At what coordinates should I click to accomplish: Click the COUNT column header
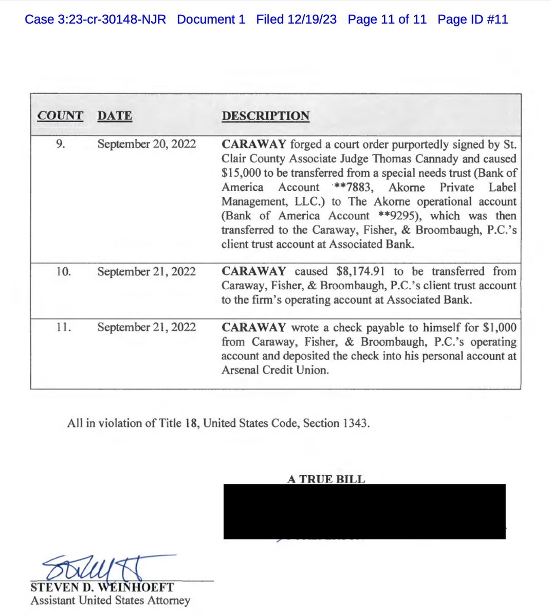pyautogui.click(x=60, y=116)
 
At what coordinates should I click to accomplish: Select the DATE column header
pyautogui.click(x=115, y=116)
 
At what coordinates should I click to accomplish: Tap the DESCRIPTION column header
pyautogui.click(x=265, y=116)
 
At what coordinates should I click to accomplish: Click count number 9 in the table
pyautogui.click(x=60, y=144)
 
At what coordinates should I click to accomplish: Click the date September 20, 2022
pyautogui.click(x=146, y=144)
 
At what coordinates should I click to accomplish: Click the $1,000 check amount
pyautogui.click(x=500, y=327)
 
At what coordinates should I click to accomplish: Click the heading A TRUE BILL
pyautogui.click(x=326, y=479)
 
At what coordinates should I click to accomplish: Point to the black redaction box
pyautogui.click(x=364, y=511)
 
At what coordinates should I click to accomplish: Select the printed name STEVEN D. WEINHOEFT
pyautogui.click(x=102, y=587)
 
